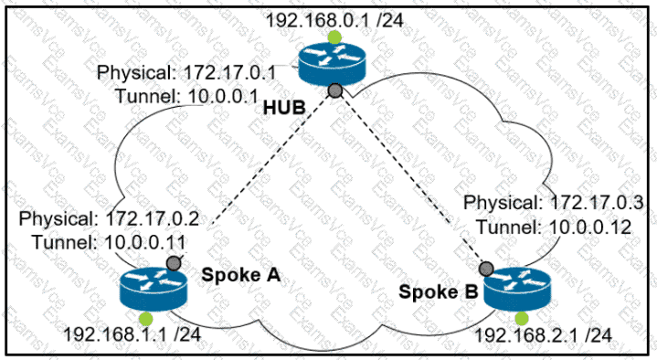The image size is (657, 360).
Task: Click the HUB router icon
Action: pyautogui.click(x=332, y=65)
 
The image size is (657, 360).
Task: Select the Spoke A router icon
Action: pyautogui.click(x=153, y=289)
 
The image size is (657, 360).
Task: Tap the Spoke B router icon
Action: pyautogui.click(x=517, y=289)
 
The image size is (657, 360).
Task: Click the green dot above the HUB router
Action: pyautogui.click(x=334, y=37)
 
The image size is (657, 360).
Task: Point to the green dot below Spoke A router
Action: pyautogui.click(x=146, y=319)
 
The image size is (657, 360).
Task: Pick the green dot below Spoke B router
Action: pyautogui.click(x=522, y=319)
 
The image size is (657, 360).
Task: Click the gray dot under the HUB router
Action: pyautogui.click(x=334, y=90)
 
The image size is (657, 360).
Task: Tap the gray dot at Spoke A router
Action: pyautogui.click(x=174, y=263)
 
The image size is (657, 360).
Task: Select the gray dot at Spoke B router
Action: pyautogui.click(x=486, y=269)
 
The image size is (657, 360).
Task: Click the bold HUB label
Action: pyautogui.click(x=284, y=108)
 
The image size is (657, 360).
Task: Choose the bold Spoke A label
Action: pyautogui.click(x=240, y=275)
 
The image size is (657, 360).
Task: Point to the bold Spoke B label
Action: pyautogui.click(x=439, y=291)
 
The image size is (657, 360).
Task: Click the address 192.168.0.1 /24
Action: pyautogui.click(x=334, y=20)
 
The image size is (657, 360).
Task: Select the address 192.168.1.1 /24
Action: pyautogui.click(x=132, y=334)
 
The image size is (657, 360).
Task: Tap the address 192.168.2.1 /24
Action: pyautogui.click(x=543, y=334)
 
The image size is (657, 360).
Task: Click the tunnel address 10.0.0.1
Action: pyautogui.click(x=223, y=97)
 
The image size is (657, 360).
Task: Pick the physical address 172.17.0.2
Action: pyautogui.click(x=152, y=218)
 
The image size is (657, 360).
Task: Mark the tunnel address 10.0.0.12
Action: pyautogui.click(x=589, y=228)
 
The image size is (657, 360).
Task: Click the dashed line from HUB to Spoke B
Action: pyautogui.click(x=410, y=179)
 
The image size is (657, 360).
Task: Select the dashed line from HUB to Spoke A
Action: pyautogui.click(x=271, y=160)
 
